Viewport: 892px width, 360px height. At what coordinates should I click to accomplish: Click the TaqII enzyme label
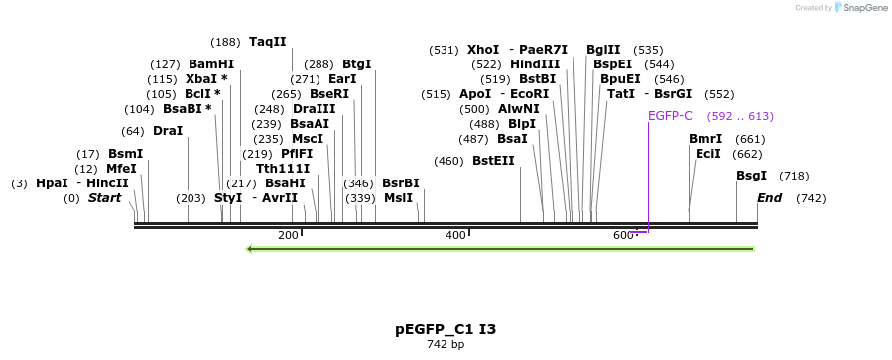(x=267, y=42)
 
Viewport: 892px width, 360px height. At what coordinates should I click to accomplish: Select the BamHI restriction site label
(x=211, y=64)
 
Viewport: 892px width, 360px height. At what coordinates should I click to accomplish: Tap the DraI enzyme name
(x=168, y=131)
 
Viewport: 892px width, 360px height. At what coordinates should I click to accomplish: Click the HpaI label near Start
(x=52, y=183)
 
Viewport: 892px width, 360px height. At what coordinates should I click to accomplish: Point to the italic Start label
(x=104, y=198)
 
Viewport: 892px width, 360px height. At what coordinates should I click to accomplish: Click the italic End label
(x=769, y=198)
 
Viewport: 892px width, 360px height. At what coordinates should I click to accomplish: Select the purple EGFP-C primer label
(x=670, y=116)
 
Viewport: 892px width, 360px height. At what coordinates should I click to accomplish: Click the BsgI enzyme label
(x=751, y=176)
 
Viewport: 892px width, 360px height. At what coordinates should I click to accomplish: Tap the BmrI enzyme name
(x=705, y=139)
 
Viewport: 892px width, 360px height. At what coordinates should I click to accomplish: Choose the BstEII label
(x=493, y=161)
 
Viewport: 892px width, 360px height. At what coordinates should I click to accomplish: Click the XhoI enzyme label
(x=483, y=50)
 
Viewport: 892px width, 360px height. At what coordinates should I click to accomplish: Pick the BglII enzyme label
(x=603, y=50)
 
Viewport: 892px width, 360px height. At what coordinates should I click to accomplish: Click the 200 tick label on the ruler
(x=288, y=235)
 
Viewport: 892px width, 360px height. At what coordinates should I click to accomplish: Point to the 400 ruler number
(x=455, y=235)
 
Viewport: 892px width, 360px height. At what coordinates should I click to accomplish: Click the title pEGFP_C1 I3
(x=446, y=329)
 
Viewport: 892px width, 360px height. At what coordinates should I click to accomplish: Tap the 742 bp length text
(x=446, y=345)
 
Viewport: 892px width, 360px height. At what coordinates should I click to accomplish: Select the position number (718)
(x=794, y=176)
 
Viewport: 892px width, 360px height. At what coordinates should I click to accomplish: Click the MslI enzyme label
(x=398, y=198)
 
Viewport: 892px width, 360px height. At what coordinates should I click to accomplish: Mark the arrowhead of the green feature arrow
(x=250, y=248)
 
